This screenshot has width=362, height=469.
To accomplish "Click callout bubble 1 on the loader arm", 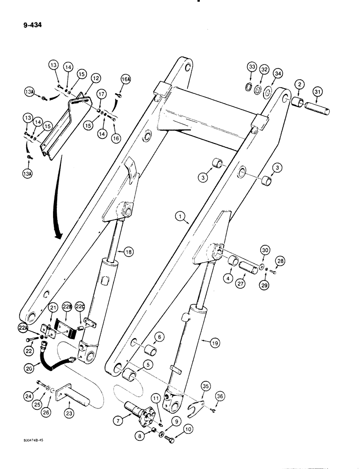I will pyautogui.click(x=179, y=217).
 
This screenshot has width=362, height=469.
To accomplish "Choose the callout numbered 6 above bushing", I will pyautogui.click(x=159, y=336).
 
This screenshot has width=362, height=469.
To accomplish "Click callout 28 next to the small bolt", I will pyautogui.click(x=280, y=261).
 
